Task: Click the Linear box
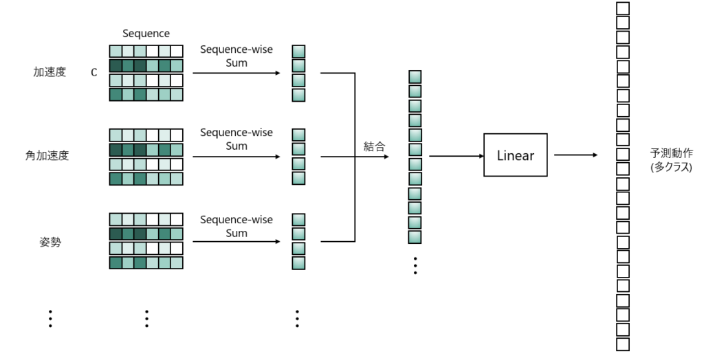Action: tap(515, 155)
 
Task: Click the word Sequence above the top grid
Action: tap(146, 33)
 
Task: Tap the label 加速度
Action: tap(49, 71)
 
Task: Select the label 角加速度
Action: tap(47, 155)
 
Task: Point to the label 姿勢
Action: tap(50, 241)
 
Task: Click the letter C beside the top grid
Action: tap(94, 72)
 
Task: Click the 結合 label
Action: tap(375, 146)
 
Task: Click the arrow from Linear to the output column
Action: tap(575, 155)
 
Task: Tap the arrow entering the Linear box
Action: tap(456, 156)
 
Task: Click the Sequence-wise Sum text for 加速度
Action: tap(236, 56)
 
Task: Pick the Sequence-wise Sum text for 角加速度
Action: tap(236, 139)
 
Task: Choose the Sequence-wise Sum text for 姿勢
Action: tap(236, 226)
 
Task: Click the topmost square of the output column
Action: tap(623, 8)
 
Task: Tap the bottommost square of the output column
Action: tap(623, 345)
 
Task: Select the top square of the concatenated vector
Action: tap(415, 77)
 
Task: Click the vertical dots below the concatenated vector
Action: tap(415, 265)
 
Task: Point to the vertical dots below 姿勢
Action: tap(50, 317)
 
